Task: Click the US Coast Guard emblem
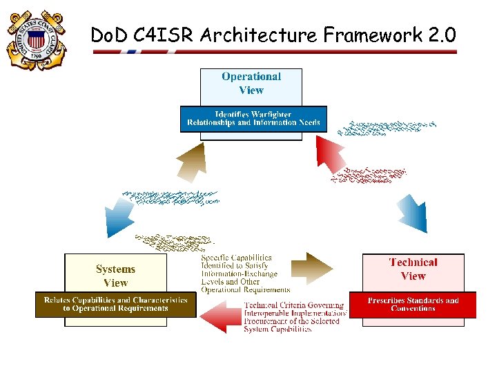pos(35,40)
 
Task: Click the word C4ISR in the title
pos(161,35)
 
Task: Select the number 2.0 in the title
pos(438,35)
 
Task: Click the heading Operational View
pos(251,84)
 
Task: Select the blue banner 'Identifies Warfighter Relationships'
pos(253,119)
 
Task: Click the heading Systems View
pos(115,276)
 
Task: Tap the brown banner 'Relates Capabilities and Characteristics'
pos(116,305)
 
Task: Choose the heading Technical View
pos(413,269)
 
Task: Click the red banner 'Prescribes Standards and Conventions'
pos(413,305)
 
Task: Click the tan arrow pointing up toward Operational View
pos(191,163)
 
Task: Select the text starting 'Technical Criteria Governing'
pos(293,316)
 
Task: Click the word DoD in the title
pos(108,35)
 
